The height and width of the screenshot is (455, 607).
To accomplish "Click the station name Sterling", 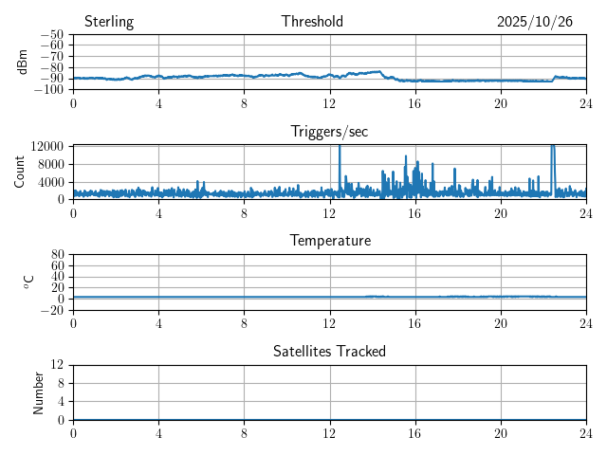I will (x=109, y=22).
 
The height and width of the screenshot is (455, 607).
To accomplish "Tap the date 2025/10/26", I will (x=535, y=22).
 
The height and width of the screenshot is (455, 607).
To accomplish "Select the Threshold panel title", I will (x=312, y=22).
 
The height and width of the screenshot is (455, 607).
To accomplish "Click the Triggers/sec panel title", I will (x=329, y=132).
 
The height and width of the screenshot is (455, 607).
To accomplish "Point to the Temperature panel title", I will (x=329, y=242).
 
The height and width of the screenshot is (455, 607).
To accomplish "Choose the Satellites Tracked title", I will (x=329, y=352).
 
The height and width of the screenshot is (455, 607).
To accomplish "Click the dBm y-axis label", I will (x=23, y=62).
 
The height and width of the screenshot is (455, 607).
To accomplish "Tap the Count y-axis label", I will (x=20, y=172).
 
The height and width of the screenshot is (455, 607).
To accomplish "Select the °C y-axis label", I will (x=28, y=282).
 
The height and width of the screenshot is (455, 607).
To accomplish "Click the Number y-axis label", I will (x=38, y=391).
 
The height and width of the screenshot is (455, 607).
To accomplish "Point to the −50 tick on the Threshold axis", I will (x=53, y=35).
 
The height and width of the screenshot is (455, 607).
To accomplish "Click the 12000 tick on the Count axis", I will (x=47, y=147).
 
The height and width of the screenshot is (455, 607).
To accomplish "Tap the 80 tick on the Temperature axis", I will (x=58, y=255).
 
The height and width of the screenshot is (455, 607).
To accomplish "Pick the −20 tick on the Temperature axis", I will (x=53, y=310).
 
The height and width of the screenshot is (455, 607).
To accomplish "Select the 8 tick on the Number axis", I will (x=61, y=383).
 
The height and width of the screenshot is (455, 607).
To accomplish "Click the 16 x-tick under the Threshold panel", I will (x=415, y=103).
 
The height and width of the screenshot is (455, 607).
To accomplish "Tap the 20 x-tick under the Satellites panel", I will (x=501, y=433).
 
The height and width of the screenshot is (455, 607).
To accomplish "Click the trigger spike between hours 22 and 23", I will (x=553, y=156).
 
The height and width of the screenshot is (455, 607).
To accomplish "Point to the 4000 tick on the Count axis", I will (x=51, y=182).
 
